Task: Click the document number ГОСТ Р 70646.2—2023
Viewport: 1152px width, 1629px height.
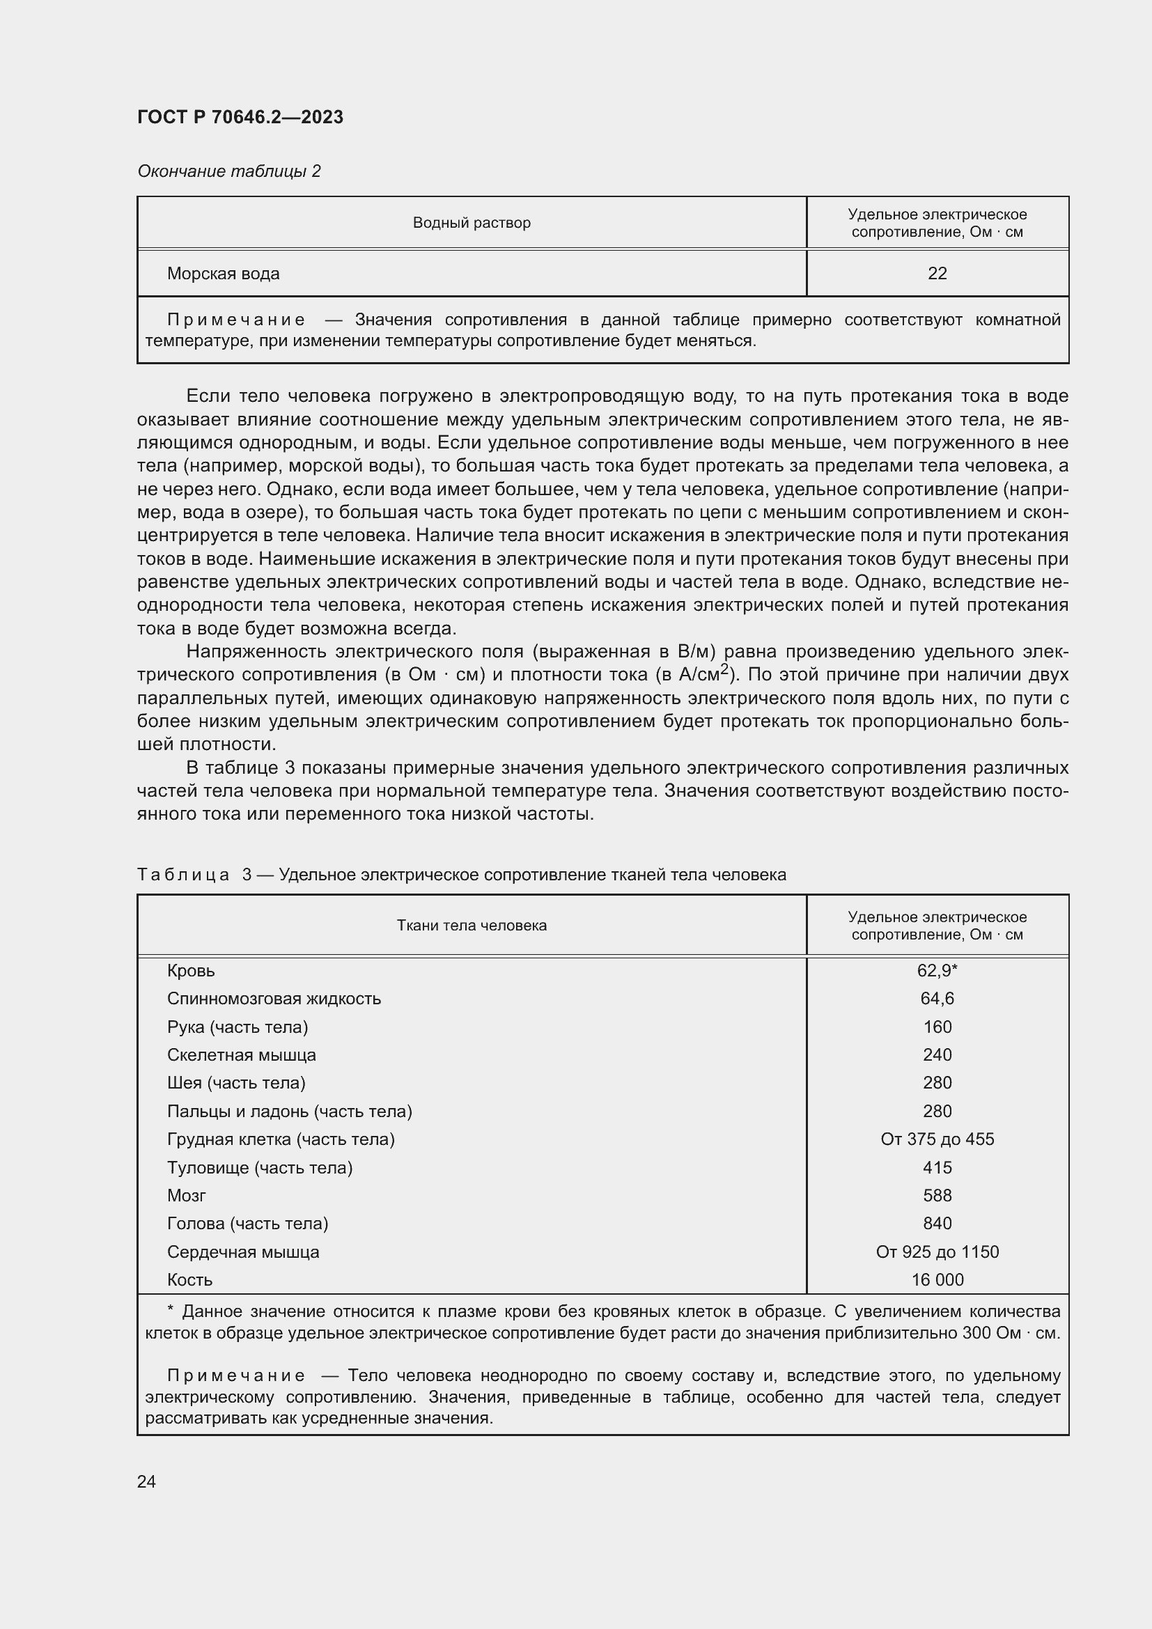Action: [x=240, y=117]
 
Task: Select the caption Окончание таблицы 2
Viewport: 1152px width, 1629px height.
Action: [x=228, y=171]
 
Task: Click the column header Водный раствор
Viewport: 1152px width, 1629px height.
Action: [x=471, y=223]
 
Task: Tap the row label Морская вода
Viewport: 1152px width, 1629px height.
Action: [x=223, y=274]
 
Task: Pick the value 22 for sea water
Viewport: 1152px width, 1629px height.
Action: [x=936, y=274]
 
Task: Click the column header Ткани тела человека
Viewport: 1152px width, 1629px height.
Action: [x=471, y=925]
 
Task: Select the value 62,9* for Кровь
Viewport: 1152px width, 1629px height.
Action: [x=936, y=971]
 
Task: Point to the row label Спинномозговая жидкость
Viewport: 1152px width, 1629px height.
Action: [x=274, y=999]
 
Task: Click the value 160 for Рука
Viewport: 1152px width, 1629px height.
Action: [x=936, y=1027]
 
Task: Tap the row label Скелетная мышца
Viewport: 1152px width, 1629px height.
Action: [x=241, y=1055]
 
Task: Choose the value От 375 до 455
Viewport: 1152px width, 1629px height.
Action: [x=936, y=1139]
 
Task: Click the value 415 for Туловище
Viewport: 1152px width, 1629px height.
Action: [x=936, y=1168]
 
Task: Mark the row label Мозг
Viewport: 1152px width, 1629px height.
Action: [x=187, y=1196]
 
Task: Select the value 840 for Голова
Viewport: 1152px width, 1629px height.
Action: [x=936, y=1224]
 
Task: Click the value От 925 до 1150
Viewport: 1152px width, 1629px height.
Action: [x=936, y=1252]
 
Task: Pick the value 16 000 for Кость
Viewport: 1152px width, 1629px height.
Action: [x=936, y=1280]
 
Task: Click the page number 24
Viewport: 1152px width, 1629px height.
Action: [x=146, y=1481]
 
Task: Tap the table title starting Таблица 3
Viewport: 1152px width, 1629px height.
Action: [x=461, y=875]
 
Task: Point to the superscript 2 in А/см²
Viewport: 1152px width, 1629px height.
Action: [x=724, y=669]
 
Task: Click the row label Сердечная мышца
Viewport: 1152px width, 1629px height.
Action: [x=242, y=1252]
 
